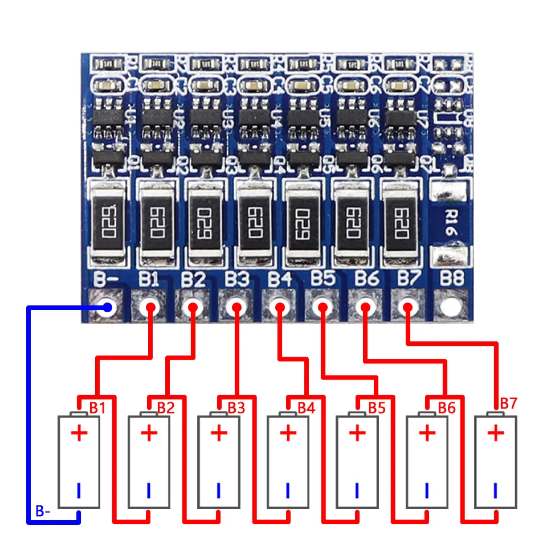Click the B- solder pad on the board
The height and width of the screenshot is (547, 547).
(x=107, y=308)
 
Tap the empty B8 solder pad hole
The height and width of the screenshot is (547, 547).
(x=450, y=308)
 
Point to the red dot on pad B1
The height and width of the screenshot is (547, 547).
(x=150, y=308)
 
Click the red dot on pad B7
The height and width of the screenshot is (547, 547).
(x=407, y=308)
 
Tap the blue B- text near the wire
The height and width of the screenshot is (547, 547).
(x=43, y=512)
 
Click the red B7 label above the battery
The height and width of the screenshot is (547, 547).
(x=508, y=403)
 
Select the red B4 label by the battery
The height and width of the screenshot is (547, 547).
(x=306, y=408)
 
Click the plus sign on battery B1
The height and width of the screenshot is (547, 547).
(x=79, y=434)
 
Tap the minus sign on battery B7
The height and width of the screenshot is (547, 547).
(x=496, y=489)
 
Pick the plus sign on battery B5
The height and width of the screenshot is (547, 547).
(x=357, y=434)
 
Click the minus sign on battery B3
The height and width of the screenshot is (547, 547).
(x=218, y=489)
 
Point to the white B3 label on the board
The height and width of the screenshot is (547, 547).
(x=236, y=280)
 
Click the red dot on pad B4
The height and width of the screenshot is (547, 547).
(x=279, y=308)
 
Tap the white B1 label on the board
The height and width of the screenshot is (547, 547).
(x=149, y=280)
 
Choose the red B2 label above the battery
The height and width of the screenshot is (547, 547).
(x=166, y=408)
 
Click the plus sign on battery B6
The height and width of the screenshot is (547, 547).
(x=427, y=434)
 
